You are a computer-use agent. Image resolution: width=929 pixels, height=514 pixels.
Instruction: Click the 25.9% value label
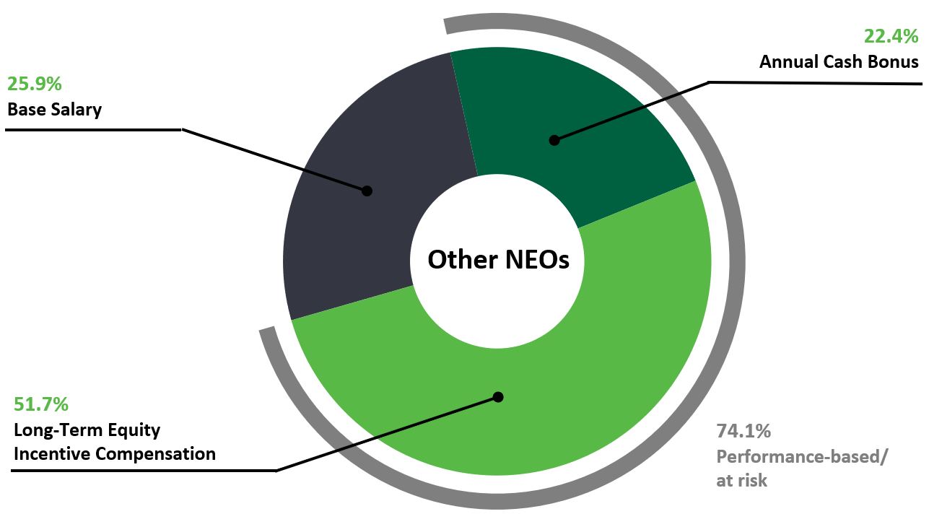(x=34, y=83)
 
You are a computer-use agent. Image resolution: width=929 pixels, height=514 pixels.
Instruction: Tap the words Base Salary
(x=54, y=110)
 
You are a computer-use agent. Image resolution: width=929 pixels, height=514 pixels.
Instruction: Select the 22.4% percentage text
(x=891, y=36)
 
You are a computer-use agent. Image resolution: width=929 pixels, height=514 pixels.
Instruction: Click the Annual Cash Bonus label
(x=838, y=62)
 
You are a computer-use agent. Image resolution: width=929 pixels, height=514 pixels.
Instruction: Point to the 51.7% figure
(x=41, y=404)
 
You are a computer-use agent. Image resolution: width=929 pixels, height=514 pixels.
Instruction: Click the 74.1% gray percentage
(x=743, y=432)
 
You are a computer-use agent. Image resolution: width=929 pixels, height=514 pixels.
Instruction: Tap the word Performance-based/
(x=802, y=457)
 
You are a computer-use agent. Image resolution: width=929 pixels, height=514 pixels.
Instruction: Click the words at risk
(x=741, y=480)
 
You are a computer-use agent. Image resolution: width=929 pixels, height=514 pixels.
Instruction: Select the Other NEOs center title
(x=498, y=259)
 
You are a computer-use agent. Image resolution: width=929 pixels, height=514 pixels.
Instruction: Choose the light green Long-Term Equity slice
(x=577, y=375)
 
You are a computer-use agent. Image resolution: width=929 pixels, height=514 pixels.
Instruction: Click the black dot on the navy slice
(x=367, y=191)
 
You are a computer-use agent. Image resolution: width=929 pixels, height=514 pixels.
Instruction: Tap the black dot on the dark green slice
(x=554, y=140)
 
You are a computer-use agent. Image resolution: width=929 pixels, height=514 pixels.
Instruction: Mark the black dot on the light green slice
(x=497, y=397)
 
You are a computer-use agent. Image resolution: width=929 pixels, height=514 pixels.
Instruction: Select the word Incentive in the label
(x=51, y=454)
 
